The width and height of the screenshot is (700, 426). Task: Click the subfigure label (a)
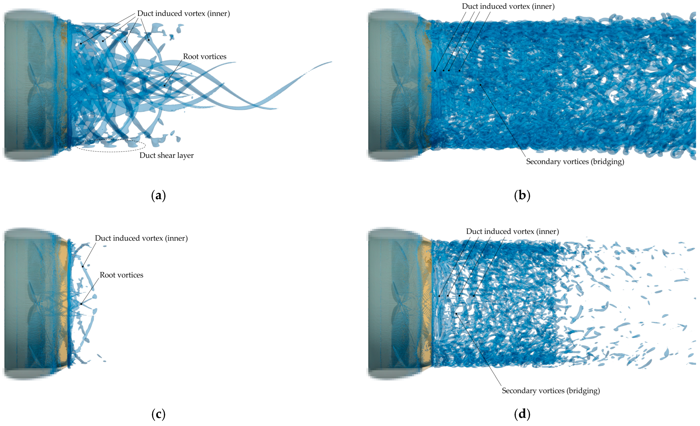pos(159,196)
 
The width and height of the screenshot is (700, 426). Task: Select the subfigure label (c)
pos(159,415)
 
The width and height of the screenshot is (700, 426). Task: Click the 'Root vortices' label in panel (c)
pos(121,275)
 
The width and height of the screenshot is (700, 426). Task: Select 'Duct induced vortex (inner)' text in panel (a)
pos(184,14)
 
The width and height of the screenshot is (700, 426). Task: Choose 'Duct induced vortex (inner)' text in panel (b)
pos(508,6)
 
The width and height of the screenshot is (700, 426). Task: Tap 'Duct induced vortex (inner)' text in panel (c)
pos(141,238)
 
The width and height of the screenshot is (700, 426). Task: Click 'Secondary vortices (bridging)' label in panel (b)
pos(575,162)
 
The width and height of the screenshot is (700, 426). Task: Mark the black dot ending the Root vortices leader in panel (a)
pos(164,85)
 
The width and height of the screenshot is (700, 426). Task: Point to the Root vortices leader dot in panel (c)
pos(81,304)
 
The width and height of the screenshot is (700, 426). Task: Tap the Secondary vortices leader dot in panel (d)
pos(456,314)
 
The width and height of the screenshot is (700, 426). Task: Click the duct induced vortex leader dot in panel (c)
pos(83,266)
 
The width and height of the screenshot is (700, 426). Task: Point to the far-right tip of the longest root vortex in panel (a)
pos(331,62)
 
